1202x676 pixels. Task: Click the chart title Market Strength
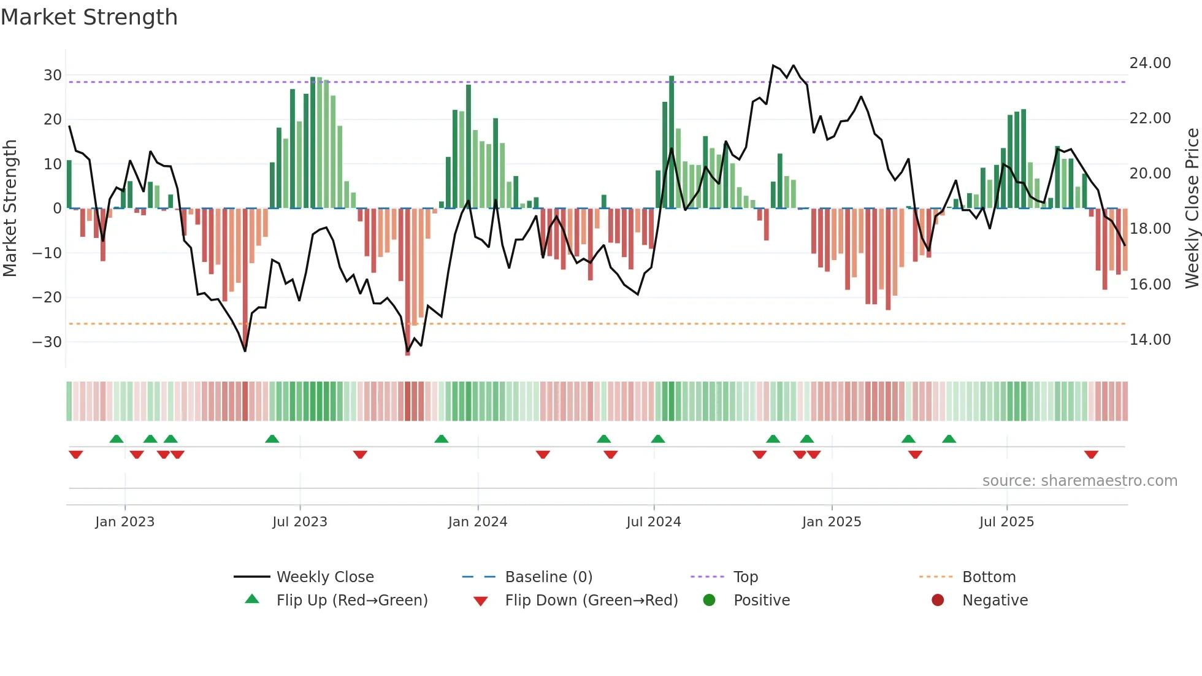89,17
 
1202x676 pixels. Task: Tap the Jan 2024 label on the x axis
478,522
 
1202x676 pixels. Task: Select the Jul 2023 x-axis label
300,522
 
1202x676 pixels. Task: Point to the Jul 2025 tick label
1006,522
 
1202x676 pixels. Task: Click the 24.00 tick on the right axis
1150,63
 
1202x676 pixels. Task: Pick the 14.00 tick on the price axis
1150,340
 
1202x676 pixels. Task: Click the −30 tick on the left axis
47,342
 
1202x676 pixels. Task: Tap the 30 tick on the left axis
53,75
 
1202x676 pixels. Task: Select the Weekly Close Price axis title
1192,209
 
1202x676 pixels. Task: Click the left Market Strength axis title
10,209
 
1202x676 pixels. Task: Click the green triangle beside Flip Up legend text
252,599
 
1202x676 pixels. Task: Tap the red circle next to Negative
938,600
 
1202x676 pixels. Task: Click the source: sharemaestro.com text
1079,481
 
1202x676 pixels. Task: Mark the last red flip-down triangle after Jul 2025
1091,455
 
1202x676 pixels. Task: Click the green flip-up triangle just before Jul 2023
272,439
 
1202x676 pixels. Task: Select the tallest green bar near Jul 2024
672,142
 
